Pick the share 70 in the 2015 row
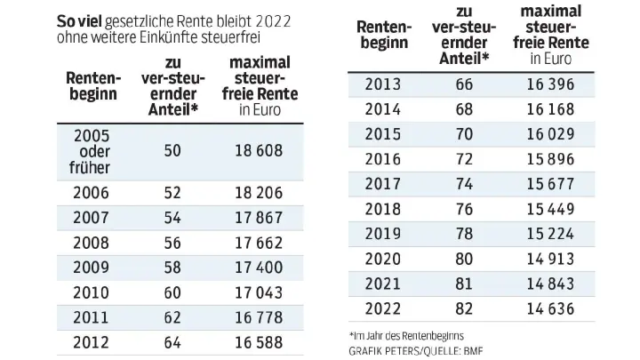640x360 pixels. [462, 136]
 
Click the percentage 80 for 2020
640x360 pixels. [462, 260]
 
